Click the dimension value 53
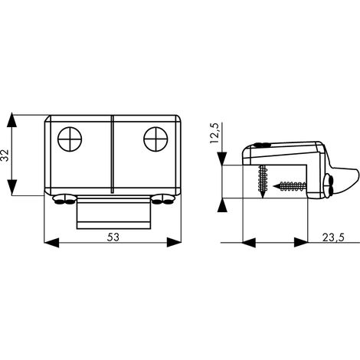pyautogui.click(x=113, y=237)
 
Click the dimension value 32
pyautogui.click(x=5, y=155)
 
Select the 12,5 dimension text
pyautogui.click(x=214, y=133)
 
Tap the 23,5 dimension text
pyautogui.click(x=333, y=237)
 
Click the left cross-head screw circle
pyautogui.click(x=70, y=139)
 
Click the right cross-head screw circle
pyautogui.click(x=155, y=139)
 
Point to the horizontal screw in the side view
pyautogui.click(x=290, y=185)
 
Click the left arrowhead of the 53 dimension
pyautogui.click(x=51, y=243)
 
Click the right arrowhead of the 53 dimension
pyautogui.click(x=174, y=243)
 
